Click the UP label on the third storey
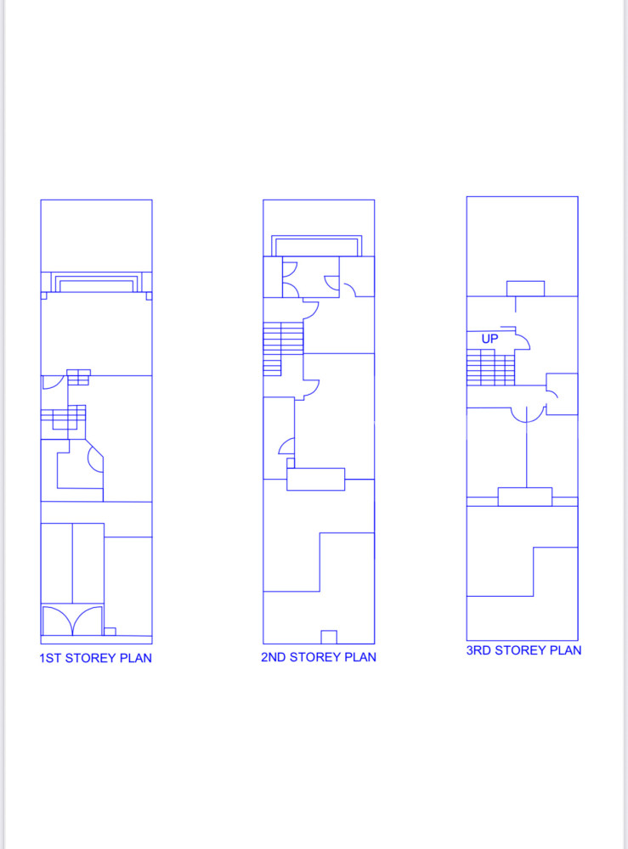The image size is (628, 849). [489, 339]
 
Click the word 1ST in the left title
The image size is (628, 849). [50, 658]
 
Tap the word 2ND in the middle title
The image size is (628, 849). [273, 657]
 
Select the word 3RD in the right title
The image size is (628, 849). [478, 650]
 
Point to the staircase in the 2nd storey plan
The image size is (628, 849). [283, 349]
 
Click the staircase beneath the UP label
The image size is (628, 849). [490, 367]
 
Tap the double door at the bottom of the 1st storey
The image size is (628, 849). [72, 621]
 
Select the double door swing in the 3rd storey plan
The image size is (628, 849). [527, 415]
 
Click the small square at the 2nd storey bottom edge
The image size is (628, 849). [328, 637]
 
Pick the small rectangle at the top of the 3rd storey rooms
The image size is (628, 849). [525, 289]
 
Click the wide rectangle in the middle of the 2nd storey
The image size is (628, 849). [315, 479]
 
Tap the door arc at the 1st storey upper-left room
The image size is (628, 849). [54, 382]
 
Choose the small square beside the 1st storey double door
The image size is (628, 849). [110, 632]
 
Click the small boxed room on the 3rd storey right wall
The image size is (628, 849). [562, 394]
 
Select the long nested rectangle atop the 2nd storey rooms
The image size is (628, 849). [316, 246]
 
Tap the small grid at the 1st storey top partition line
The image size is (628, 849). [78, 378]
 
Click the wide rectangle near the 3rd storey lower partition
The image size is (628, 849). [525, 497]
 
